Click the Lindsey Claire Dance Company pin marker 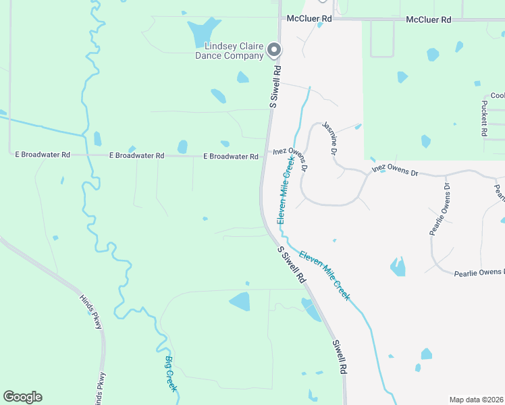pyautogui.click(x=274, y=49)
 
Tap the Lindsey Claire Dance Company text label pyautogui.click(x=234, y=51)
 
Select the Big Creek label pyautogui.click(x=171, y=373)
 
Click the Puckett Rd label pyautogui.click(x=484, y=119)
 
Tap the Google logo pyautogui.click(x=22, y=397)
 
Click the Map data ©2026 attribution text pyautogui.click(x=476, y=400)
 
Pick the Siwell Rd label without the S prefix pyautogui.click(x=339, y=356)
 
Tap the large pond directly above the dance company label pyautogui.click(x=203, y=30)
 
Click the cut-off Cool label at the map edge pyautogui.click(x=498, y=96)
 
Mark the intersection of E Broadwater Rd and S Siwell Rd pyautogui.click(x=264, y=155)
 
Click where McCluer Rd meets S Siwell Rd pyautogui.click(x=280, y=19)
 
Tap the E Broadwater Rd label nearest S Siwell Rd pyautogui.click(x=231, y=157)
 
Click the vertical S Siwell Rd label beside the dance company pyautogui.click(x=275, y=86)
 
